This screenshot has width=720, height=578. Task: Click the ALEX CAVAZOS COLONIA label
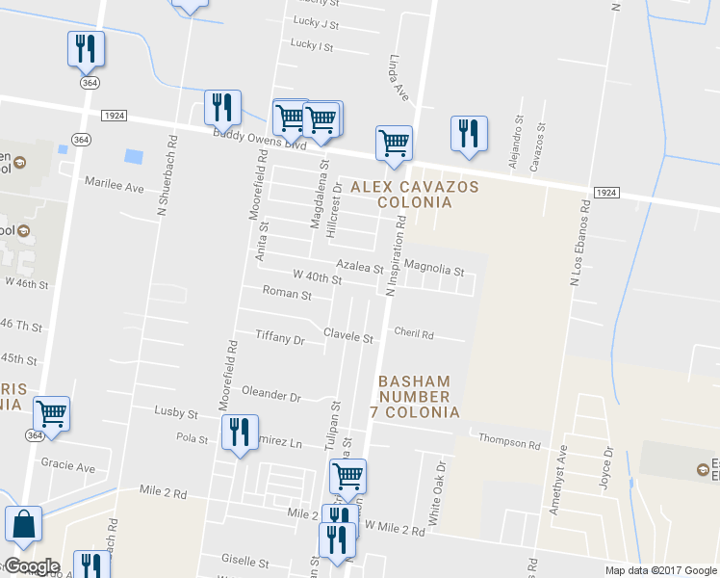400,194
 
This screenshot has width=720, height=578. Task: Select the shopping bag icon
23,526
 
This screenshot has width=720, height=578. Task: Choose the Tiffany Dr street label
279,339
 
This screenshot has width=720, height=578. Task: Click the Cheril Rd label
414,334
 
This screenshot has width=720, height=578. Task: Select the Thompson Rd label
509,444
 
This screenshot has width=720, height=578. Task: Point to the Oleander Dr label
270,396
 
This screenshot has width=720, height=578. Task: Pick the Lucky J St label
315,23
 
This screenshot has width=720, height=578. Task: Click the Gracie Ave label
68,466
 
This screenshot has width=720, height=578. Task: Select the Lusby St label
176,412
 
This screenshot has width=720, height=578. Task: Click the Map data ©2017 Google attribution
660,570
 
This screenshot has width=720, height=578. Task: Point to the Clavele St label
347,338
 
